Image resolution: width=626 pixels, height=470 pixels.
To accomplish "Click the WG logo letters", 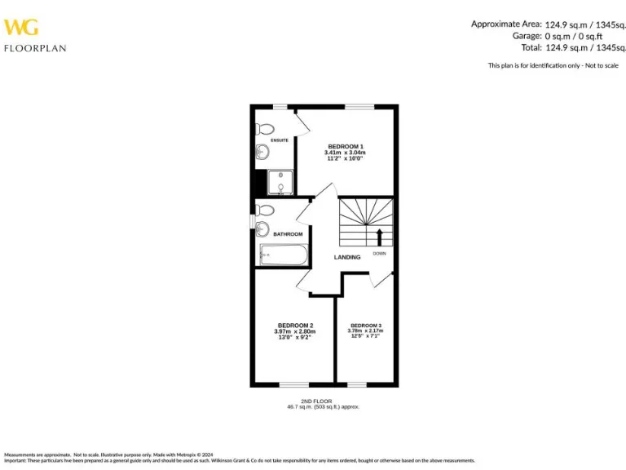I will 21,28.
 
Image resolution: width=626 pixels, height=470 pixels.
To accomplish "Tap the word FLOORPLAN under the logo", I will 35,48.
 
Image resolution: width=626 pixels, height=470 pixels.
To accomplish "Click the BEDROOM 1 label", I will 345,146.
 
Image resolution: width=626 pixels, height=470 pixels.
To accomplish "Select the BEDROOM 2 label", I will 294,326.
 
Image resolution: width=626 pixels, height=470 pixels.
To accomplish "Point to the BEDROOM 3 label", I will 366,326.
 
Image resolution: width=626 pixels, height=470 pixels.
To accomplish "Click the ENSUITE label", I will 280,140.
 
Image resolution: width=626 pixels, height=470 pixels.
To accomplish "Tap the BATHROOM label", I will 288,234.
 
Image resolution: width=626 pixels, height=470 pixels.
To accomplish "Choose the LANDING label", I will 347,257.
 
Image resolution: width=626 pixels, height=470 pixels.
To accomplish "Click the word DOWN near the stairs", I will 380,254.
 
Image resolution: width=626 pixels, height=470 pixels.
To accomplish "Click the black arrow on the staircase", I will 379,237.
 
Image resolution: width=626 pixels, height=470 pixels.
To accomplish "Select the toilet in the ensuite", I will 264,129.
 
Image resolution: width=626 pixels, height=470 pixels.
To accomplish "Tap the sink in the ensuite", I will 261,151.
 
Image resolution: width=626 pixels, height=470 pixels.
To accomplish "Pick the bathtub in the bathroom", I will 282,255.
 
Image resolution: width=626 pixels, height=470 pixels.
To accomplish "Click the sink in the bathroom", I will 262,229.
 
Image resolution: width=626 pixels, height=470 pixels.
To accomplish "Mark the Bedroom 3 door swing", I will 377,279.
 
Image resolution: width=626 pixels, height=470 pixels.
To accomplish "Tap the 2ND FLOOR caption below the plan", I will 316,401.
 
